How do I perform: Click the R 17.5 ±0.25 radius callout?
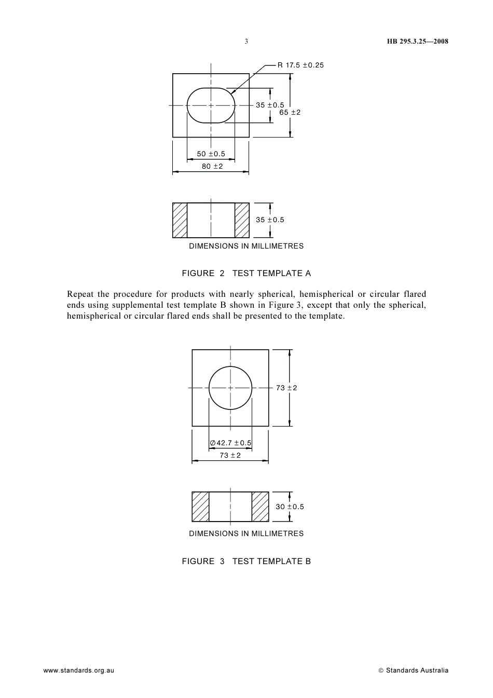[x=300, y=65]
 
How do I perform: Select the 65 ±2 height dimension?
[x=290, y=112]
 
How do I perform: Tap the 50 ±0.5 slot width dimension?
[x=211, y=154]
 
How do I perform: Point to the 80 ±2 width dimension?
[x=212, y=166]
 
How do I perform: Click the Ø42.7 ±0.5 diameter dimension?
[x=230, y=443]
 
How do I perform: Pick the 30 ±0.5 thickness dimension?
[x=290, y=507]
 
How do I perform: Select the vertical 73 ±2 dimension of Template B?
[x=286, y=388]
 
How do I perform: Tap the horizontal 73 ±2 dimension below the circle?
[x=230, y=455]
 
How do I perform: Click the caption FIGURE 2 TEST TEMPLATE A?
[x=246, y=273]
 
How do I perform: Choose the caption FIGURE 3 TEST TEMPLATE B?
[x=246, y=561]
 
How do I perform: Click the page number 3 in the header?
[x=246, y=42]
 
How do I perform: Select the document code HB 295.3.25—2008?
[x=418, y=42]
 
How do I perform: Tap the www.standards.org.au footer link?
[x=79, y=670]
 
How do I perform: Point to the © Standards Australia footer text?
[x=414, y=670]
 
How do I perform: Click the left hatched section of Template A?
[x=180, y=220]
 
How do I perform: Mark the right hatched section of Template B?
[x=261, y=507]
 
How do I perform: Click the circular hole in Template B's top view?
[x=230, y=388]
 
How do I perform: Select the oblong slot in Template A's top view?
[x=211, y=105]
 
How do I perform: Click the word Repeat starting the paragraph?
[x=80, y=294]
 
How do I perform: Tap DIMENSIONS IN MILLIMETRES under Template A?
[x=246, y=246]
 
